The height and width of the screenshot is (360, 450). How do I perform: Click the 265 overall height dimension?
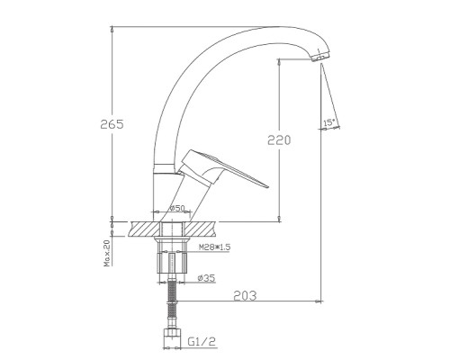112,124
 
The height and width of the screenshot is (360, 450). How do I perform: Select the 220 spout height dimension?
279,140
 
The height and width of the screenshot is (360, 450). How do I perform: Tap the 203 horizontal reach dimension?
245,296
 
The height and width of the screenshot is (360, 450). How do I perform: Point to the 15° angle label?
328,122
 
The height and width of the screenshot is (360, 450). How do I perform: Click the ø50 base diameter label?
177,208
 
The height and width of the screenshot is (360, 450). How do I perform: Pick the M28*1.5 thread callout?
214,247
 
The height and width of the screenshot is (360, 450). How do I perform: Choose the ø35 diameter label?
206,278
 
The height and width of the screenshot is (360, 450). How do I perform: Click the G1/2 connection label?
202,341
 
